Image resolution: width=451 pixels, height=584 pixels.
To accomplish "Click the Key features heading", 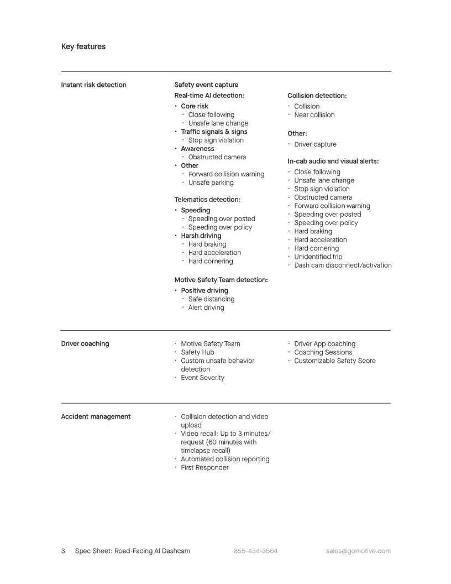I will (83, 46).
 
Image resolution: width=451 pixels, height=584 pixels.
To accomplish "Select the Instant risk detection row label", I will (93, 85).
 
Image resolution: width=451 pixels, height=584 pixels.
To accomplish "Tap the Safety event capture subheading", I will (206, 85).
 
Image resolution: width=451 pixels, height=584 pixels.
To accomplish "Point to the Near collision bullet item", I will (314, 115).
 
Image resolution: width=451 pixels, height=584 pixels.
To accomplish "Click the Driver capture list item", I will (315, 144).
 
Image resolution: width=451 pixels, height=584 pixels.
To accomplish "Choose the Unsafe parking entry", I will (211, 182).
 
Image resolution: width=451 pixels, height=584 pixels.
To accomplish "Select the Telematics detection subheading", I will (207, 200).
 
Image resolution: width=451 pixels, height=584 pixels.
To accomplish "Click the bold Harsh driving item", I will (201, 236).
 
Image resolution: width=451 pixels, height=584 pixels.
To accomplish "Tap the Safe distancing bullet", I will (211, 299).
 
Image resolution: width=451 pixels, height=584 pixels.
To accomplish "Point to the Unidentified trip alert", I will (318, 257).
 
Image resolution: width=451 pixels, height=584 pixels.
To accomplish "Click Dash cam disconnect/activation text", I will (343, 265).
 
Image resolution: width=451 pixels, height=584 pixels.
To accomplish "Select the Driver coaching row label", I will (85, 343).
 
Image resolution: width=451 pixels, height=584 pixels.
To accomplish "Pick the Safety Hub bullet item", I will (197, 352).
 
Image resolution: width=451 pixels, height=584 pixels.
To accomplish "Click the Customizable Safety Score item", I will (334, 361).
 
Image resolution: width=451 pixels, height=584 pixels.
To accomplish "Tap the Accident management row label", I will (96, 416).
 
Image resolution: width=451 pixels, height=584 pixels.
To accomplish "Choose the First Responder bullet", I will (204, 468).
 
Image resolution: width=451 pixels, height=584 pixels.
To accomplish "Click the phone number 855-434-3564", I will (255, 551).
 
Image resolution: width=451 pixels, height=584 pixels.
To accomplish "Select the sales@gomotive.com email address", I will (358, 551).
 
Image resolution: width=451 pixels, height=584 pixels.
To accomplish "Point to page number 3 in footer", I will (63, 551).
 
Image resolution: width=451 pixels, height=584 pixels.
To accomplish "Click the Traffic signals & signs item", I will (214, 132).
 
